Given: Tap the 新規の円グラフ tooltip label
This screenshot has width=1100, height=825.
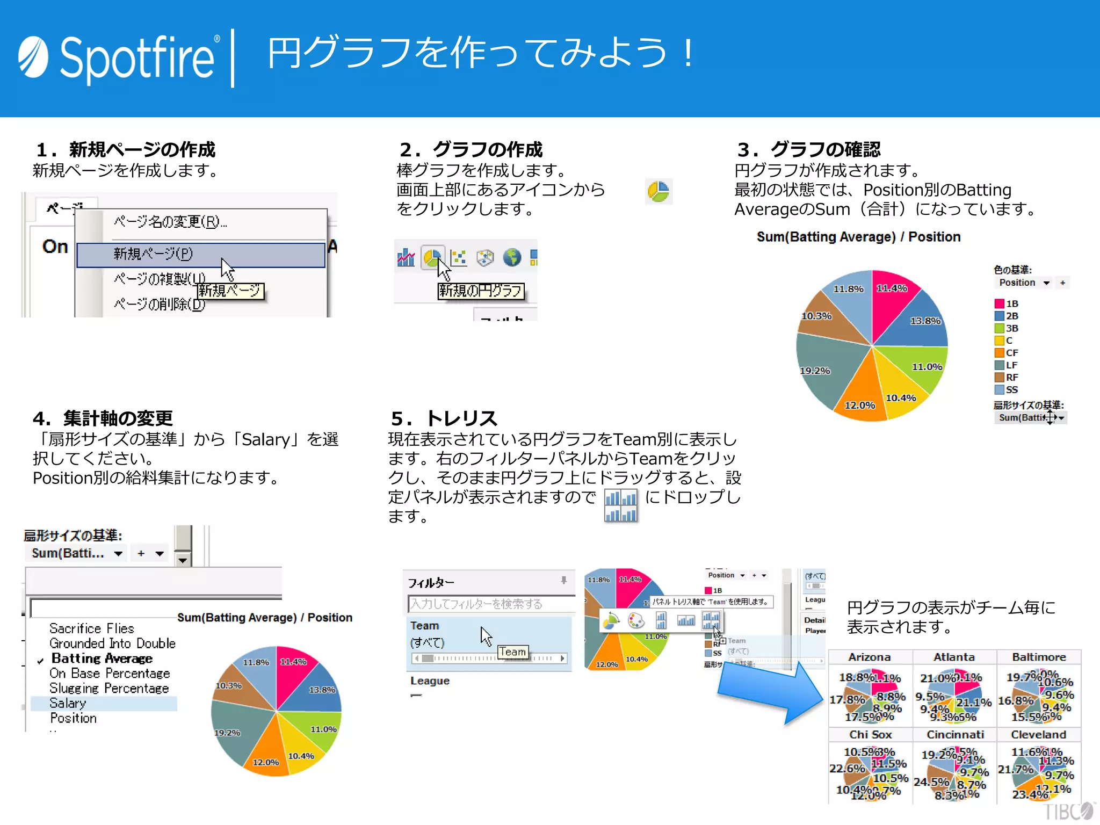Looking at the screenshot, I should [x=480, y=291].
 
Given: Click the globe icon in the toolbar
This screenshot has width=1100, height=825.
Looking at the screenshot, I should [x=512, y=258].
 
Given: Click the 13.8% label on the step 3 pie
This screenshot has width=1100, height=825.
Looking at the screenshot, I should [x=925, y=321].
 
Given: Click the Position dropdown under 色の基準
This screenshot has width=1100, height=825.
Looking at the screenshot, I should [x=1024, y=283].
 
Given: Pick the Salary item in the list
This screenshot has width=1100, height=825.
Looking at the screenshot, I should [x=68, y=703].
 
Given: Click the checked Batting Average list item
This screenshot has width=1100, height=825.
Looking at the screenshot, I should [x=102, y=658].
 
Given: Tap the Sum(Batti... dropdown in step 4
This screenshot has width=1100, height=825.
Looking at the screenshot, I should [x=75, y=553].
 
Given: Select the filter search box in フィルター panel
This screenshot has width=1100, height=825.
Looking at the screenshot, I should [x=490, y=604].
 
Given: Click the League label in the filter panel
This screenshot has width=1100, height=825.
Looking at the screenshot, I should [x=430, y=681].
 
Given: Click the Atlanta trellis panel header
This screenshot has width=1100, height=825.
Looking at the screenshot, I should [x=953, y=657].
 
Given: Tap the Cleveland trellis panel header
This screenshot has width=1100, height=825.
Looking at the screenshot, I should [x=1038, y=734].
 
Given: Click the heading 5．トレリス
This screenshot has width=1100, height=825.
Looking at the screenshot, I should [x=444, y=418].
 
